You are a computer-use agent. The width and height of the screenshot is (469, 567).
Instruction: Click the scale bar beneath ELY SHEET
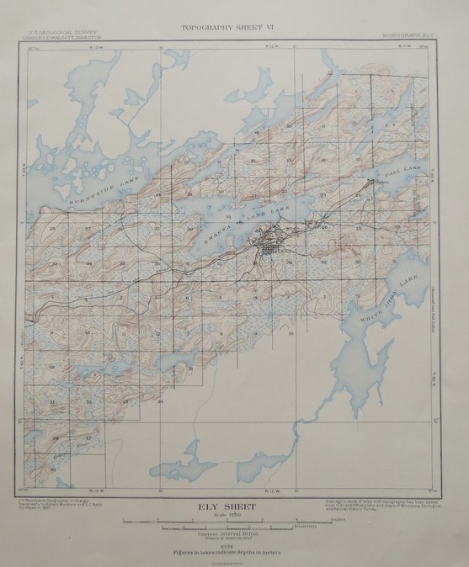coord(236,523)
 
